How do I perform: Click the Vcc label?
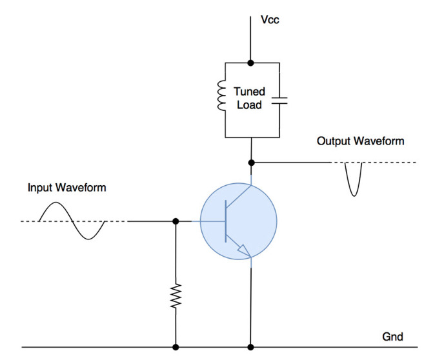(270, 20)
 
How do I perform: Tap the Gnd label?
(392, 337)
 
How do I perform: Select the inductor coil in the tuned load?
(221, 95)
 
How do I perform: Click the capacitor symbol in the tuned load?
(279, 101)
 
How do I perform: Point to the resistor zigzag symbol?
(176, 295)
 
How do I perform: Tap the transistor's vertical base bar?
(226, 221)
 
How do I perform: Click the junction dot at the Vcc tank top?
(250, 63)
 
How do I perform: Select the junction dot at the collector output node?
(251, 163)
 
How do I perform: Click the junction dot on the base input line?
(176, 221)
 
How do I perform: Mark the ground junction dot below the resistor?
(176, 347)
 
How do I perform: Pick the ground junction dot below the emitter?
(250, 347)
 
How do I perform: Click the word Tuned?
(249, 92)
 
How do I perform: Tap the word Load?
(249, 105)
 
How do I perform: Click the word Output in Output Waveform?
(334, 141)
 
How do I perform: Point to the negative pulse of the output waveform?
(354, 179)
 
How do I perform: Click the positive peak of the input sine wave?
(56, 203)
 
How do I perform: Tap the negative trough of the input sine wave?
(88, 239)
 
